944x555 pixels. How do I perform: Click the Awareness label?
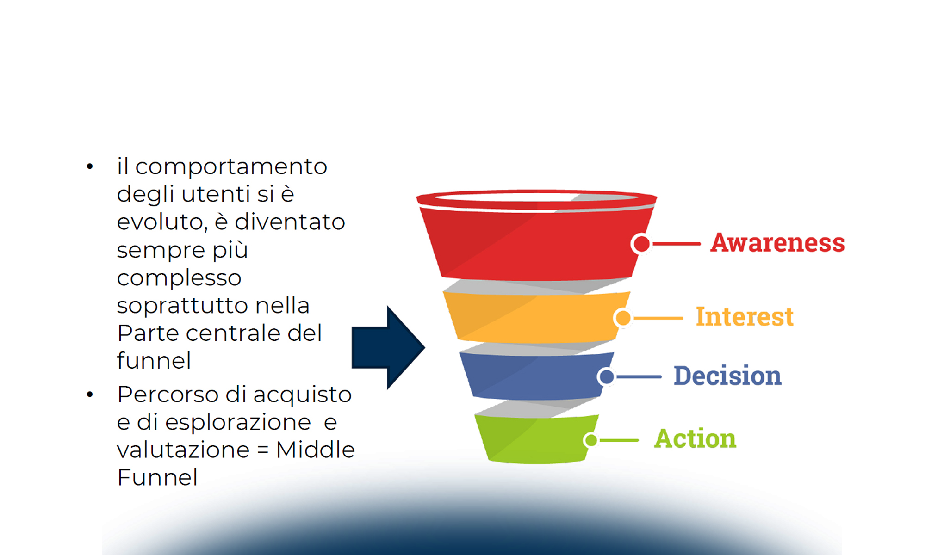[x=777, y=243]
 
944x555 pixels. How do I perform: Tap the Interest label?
[x=745, y=317]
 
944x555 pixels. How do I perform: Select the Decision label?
[x=727, y=376]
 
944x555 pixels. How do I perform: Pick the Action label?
[x=695, y=438]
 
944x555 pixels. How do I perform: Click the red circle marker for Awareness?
[x=641, y=244]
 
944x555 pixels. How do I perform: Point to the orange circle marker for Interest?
[x=623, y=318]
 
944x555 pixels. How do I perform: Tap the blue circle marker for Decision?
[x=607, y=376]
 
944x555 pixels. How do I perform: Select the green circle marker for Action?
[x=591, y=440]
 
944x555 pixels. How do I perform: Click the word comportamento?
[x=231, y=167]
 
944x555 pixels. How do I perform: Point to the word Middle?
[x=315, y=450]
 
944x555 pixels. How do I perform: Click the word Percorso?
[x=168, y=395]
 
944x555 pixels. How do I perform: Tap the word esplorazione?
[x=238, y=422]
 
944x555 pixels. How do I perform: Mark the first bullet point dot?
[x=90, y=166]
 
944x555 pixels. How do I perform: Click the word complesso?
[x=179, y=278]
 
